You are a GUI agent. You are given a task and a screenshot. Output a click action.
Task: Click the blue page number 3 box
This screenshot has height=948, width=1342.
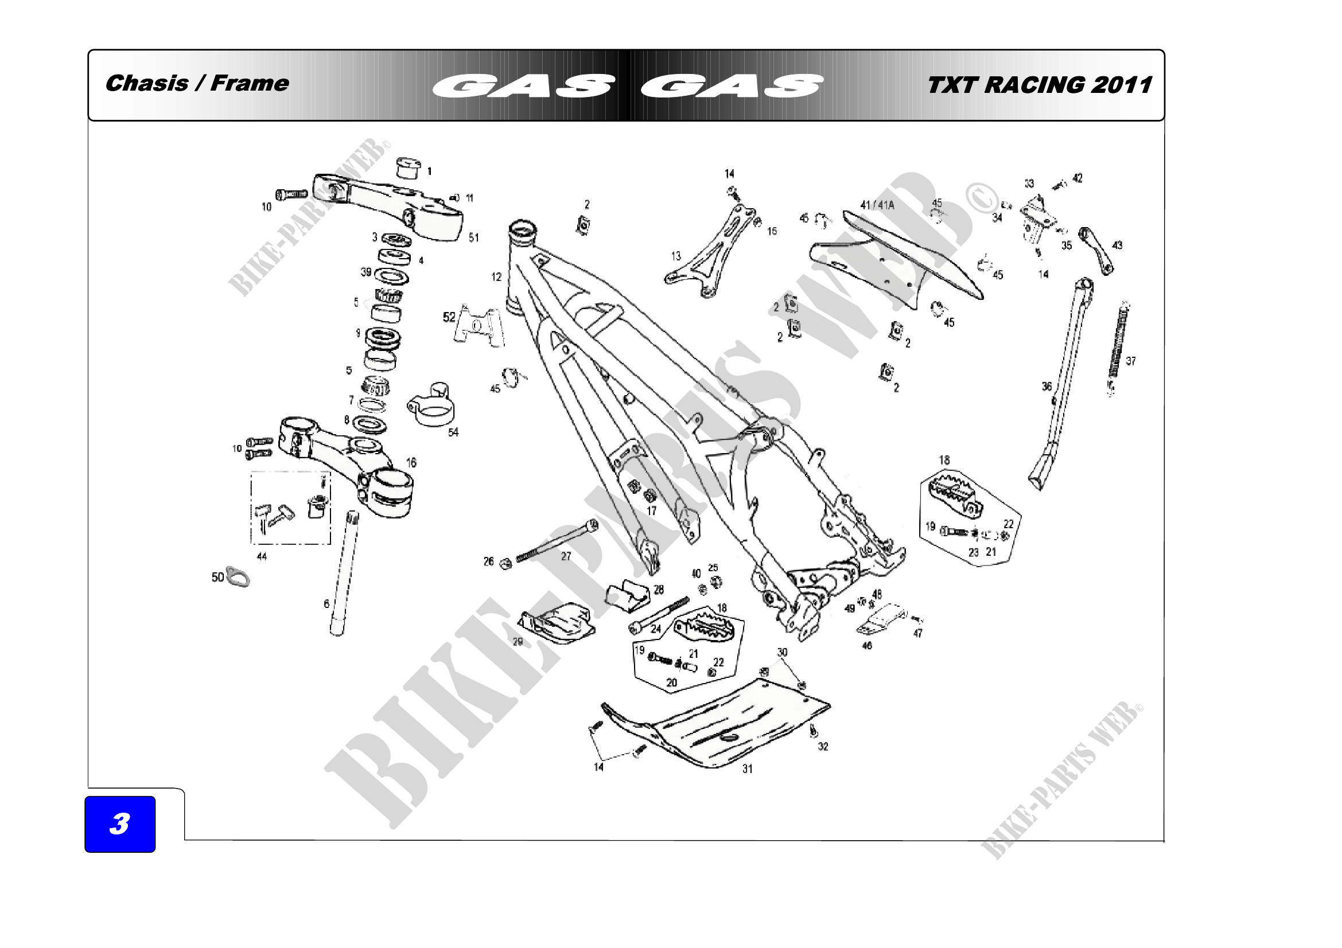pyautogui.click(x=120, y=824)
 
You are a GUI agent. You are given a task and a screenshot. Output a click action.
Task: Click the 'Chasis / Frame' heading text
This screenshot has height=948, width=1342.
pyautogui.click(x=197, y=84)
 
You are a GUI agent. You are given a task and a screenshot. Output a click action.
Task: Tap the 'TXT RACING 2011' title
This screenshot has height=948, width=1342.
pyautogui.click(x=1039, y=85)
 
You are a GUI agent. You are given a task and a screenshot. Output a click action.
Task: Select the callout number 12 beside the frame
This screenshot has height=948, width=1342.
pyautogui.click(x=496, y=277)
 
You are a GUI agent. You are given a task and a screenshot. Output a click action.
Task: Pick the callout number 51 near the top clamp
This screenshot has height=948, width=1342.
pyautogui.click(x=473, y=238)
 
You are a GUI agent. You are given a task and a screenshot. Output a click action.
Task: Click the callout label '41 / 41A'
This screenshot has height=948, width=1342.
pyautogui.click(x=877, y=205)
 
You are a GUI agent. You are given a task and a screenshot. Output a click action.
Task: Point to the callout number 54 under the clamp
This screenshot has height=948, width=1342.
pyautogui.click(x=453, y=432)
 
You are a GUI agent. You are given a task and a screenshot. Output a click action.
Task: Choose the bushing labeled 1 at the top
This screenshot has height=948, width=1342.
pyautogui.click(x=407, y=167)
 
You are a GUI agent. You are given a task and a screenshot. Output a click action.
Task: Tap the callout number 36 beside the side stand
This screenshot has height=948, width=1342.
pyautogui.click(x=1047, y=386)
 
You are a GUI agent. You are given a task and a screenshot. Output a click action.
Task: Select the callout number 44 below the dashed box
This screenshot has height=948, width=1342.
pyautogui.click(x=262, y=556)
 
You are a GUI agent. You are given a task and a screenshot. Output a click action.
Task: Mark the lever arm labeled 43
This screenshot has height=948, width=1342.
pyautogui.click(x=1096, y=250)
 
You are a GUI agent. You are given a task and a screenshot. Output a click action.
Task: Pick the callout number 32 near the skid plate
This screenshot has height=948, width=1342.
pyautogui.click(x=823, y=747)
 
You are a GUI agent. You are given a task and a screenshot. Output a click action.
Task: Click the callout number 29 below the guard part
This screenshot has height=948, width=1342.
pyautogui.click(x=518, y=641)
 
